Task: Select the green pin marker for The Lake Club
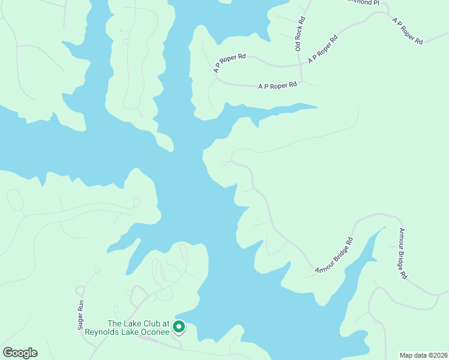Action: coord(178,327)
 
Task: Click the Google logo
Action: coord(20,353)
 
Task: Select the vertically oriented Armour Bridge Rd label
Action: coord(403,253)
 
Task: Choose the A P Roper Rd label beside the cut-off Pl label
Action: coord(408,31)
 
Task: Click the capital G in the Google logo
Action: coord(7,353)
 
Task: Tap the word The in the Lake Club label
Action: coord(114,324)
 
